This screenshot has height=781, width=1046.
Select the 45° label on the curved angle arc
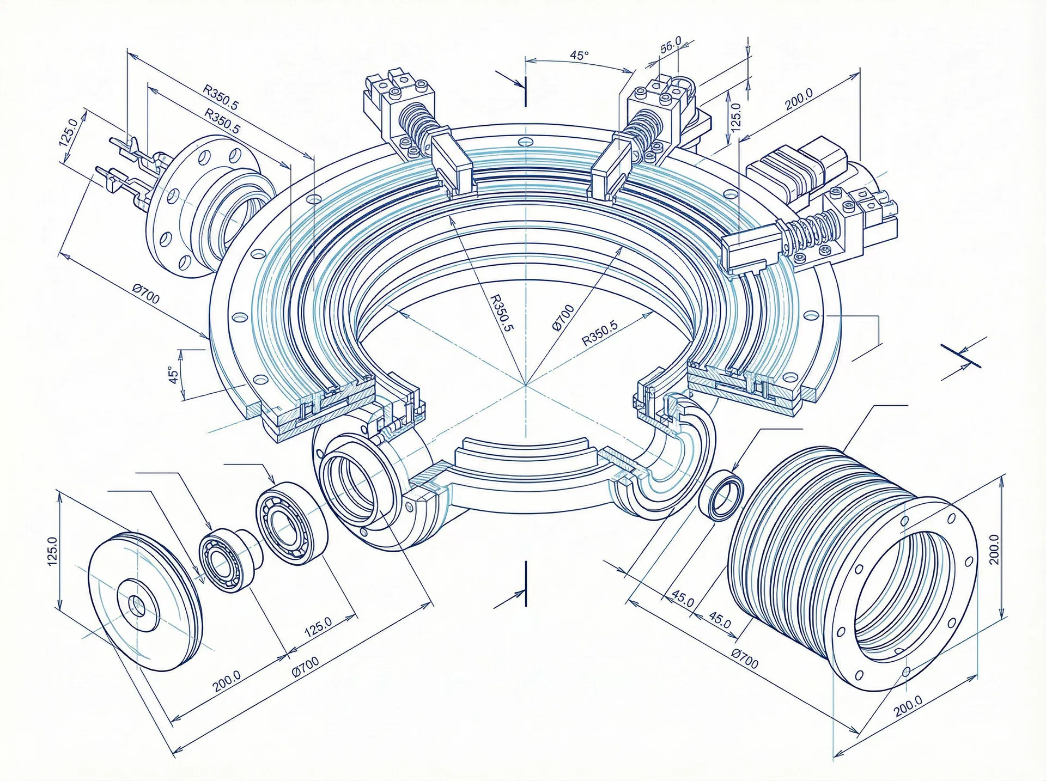[x=579, y=56]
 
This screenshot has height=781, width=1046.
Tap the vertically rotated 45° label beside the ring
[x=174, y=375]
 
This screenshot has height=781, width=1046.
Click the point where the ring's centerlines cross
[x=526, y=385]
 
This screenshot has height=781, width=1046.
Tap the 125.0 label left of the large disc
[x=53, y=551]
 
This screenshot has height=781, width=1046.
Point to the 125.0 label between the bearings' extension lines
[x=318, y=627]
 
